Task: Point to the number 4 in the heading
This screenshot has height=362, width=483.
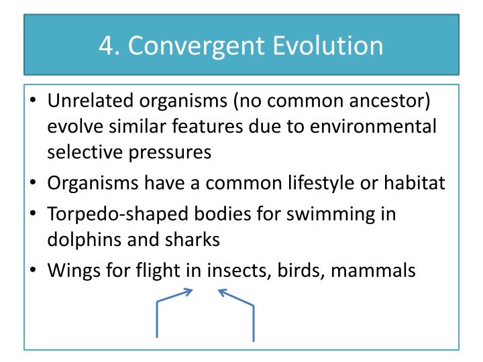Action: point(106,46)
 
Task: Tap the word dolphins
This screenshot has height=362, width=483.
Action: point(80,239)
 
